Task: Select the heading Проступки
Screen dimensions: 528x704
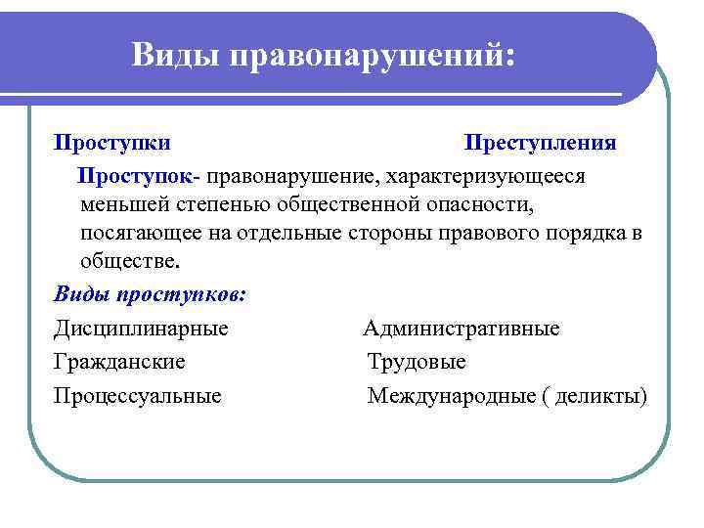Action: point(112,143)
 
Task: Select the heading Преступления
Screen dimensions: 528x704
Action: point(540,143)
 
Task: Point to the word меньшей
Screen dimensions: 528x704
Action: point(125,205)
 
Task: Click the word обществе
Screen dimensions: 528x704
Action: point(131,262)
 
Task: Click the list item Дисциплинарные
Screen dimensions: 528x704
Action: point(142,329)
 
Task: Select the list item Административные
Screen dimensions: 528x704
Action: point(462,329)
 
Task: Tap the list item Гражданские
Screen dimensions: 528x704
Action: point(120,362)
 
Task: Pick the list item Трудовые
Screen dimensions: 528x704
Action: point(417,362)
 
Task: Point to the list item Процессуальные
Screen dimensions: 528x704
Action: point(138,396)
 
